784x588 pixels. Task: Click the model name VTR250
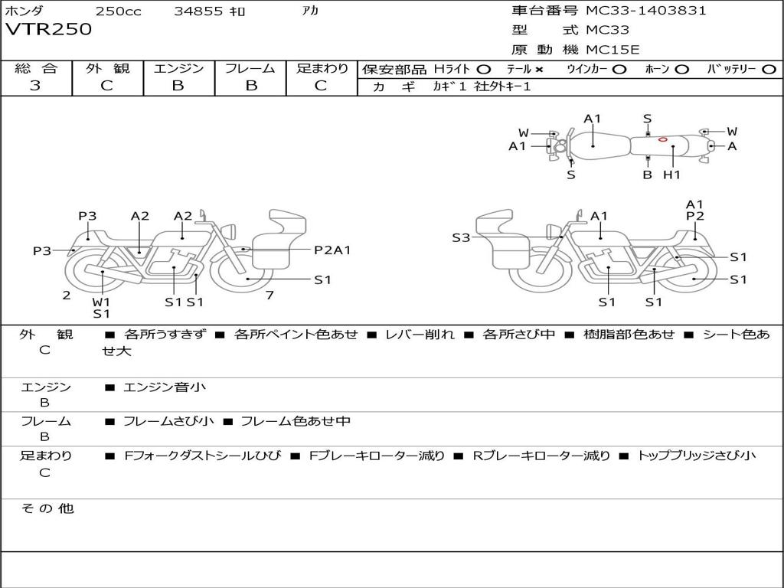point(48,30)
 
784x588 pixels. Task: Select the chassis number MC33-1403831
point(645,11)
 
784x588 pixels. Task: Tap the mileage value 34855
point(198,11)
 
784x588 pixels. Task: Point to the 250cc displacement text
point(118,11)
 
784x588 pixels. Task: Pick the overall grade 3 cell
point(35,86)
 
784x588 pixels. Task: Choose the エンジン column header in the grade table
point(178,68)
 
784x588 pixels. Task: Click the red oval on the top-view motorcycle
point(662,139)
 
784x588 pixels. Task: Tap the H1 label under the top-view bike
point(671,175)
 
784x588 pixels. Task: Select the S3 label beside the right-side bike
point(461,238)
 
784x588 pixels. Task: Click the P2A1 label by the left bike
point(332,250)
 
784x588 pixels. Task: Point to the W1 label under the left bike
point(101,302)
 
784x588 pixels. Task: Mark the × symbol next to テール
point(539,69)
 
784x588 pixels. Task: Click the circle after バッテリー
point(769,69)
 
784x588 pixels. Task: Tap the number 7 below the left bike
point(269,295)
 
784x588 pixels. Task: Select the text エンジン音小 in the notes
point(164,387)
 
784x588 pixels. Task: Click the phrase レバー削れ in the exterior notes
point(420,335)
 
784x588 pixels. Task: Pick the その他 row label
point(47,508)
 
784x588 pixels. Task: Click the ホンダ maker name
point(24,11)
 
